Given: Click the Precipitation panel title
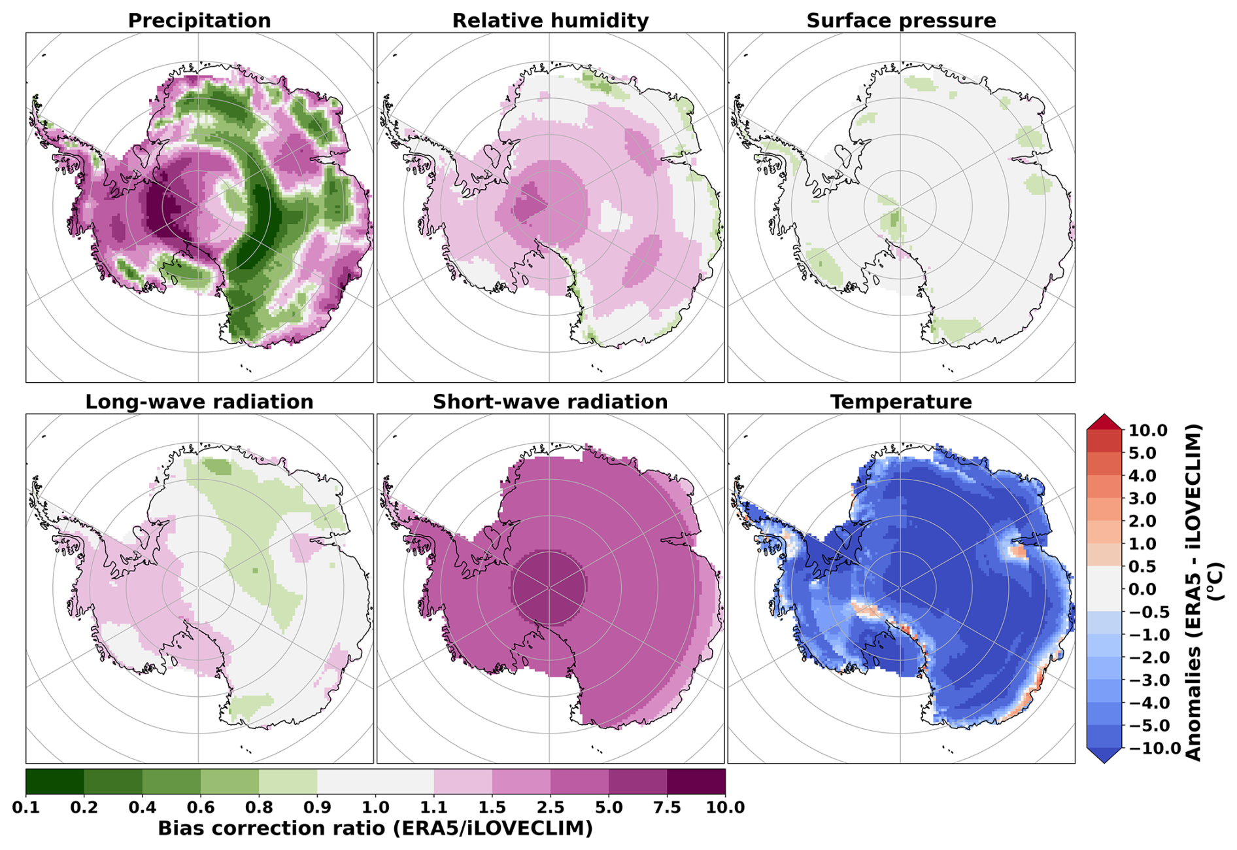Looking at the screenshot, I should click(199, 21).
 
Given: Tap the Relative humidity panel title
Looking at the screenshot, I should click(551, 21).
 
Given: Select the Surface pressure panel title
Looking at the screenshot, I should click(901, 21).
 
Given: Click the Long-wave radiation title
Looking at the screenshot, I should click(199, 402).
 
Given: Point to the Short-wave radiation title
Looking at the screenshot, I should click(551, 402).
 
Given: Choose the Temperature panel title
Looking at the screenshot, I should click(901, 402).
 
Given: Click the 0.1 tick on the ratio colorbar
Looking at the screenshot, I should click(26, 807).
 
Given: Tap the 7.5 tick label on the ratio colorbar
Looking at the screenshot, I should click(667, 807).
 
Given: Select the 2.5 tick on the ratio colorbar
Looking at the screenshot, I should click(551, 807).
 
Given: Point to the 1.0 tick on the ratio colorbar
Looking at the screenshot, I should click(375, 807).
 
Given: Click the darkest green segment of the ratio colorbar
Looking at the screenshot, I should click(55, 781).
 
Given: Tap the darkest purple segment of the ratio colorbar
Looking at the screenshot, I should click(696, 781).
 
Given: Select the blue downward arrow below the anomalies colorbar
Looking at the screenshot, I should click(1104, 755).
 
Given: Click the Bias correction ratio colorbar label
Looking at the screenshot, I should click(375, 828).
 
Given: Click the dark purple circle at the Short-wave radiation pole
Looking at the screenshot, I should click(549, 587).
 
